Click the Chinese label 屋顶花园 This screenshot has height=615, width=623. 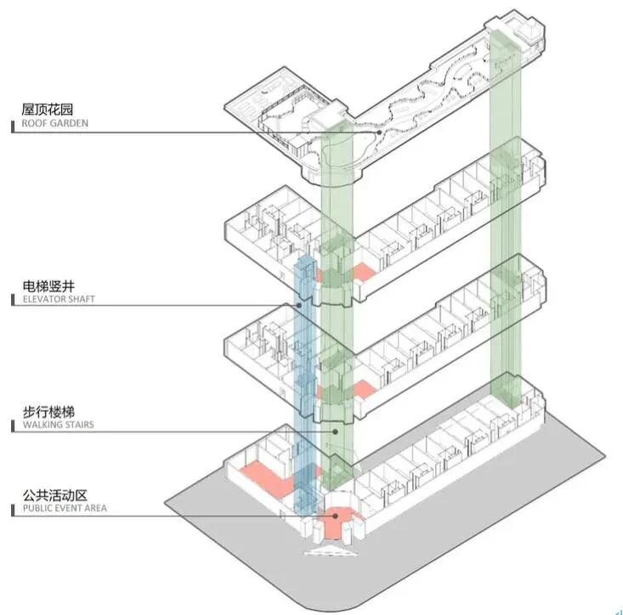(x=49, y=109)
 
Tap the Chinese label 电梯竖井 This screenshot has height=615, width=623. (x=49, y=285)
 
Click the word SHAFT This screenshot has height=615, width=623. (x=78, y=299)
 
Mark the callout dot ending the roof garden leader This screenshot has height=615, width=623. (x=368, y=132)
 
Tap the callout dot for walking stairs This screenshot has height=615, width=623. (x=335, y=432)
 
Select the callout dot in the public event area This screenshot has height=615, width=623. (x=337, y=515)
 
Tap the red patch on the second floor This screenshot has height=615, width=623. (x=362, y=389)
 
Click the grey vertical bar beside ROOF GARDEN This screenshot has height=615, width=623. (x=13, y=125)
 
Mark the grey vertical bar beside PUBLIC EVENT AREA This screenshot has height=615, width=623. (x=13, y=510)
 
